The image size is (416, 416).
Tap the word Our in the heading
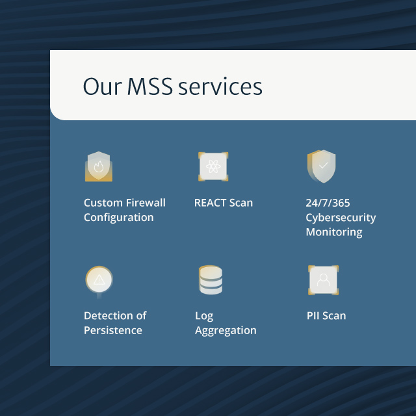click(102, 86)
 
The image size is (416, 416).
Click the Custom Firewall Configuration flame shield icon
click(99, 166)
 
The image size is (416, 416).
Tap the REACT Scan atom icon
click(213, 167)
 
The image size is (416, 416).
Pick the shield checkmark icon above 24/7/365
click(322, 166)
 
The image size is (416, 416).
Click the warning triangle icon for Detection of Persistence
click(99, 280)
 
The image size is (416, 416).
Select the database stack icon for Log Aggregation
click(211, 280)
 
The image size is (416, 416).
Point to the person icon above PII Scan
click(323, 280)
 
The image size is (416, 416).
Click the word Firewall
click(145, 203)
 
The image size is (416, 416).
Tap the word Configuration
click(118, 218)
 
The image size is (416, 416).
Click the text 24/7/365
click(328, 203)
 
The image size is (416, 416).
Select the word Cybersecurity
click(341, 218)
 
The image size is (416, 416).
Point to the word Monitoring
click(333, 232)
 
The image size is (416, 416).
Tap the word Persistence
click(112, 330)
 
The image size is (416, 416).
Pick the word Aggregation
click(226, 331)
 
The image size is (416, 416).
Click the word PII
click(313, 316)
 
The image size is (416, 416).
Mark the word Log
click(204, 317)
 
